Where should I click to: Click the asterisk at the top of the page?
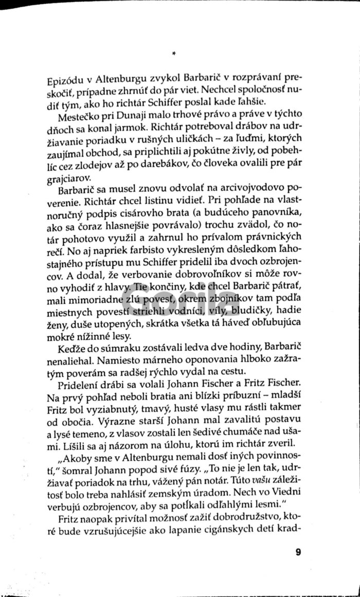tap(175, 52)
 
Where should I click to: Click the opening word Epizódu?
tap(62, 81)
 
